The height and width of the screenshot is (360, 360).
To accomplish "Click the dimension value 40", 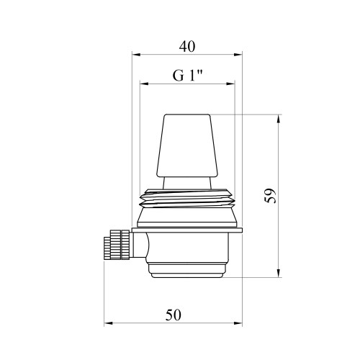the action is [x=187, y=47].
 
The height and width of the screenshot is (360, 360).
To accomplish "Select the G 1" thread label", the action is [x=188, y=76].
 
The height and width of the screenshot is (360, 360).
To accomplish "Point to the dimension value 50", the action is [x=173, y=315].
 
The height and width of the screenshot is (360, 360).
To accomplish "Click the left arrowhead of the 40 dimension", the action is [x=136, y=55].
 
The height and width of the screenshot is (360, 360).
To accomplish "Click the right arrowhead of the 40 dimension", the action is [x=238, y=55].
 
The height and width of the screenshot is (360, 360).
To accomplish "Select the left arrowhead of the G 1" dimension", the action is [x=143, y=84].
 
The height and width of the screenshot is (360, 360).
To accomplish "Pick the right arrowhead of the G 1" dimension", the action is [x=231, y=84].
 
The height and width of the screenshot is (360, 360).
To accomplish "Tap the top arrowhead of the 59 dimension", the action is [x=279, y=119].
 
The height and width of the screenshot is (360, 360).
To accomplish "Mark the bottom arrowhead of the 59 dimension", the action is [x=279, y=273].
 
